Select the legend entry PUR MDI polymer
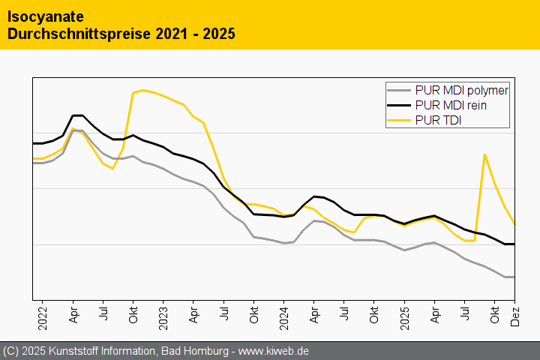coord(461,91)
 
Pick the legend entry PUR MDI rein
coord(450,106)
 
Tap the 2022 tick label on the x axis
coord(43,314)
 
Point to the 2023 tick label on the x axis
coord(163,314)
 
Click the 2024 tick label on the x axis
coord(284,314)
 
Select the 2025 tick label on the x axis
coord(404,314)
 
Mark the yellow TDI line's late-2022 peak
coord(143,90)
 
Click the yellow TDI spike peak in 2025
coord(484,154)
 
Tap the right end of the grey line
coord(514,277)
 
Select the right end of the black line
coord(514,244)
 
